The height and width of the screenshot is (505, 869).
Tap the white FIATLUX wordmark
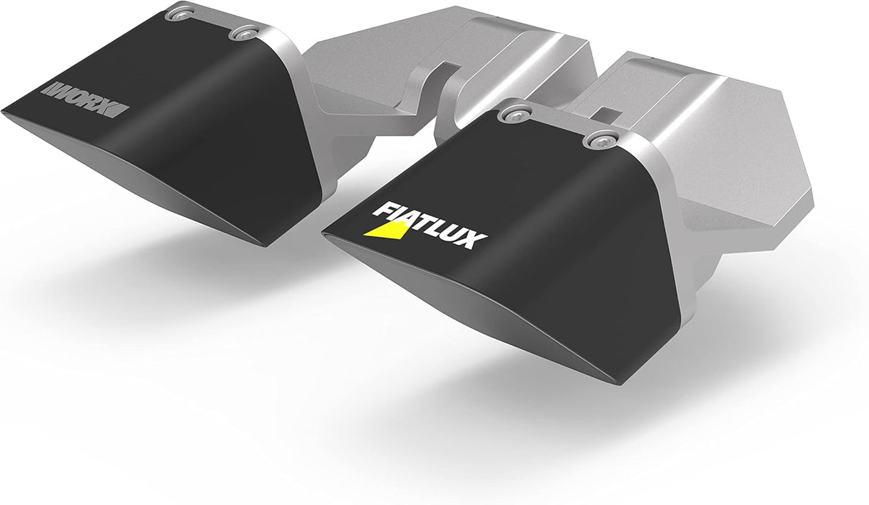[x=428, y=225]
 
